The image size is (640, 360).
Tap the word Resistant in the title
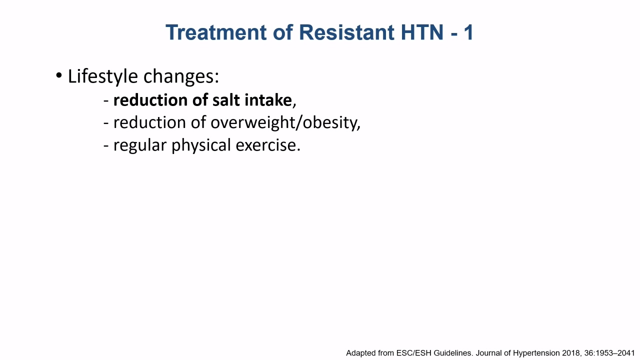point(346,32)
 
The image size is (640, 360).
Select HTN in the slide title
point(422,32)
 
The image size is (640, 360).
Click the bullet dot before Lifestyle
point(59,75)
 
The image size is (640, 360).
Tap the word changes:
point(181,76)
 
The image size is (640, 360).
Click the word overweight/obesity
point(285,123)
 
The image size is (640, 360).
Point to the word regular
point(140,145)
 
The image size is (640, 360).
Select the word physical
point(201,145)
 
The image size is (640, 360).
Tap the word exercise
point(267,145)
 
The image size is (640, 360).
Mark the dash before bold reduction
point(106,101)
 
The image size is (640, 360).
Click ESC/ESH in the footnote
point(413,353)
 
